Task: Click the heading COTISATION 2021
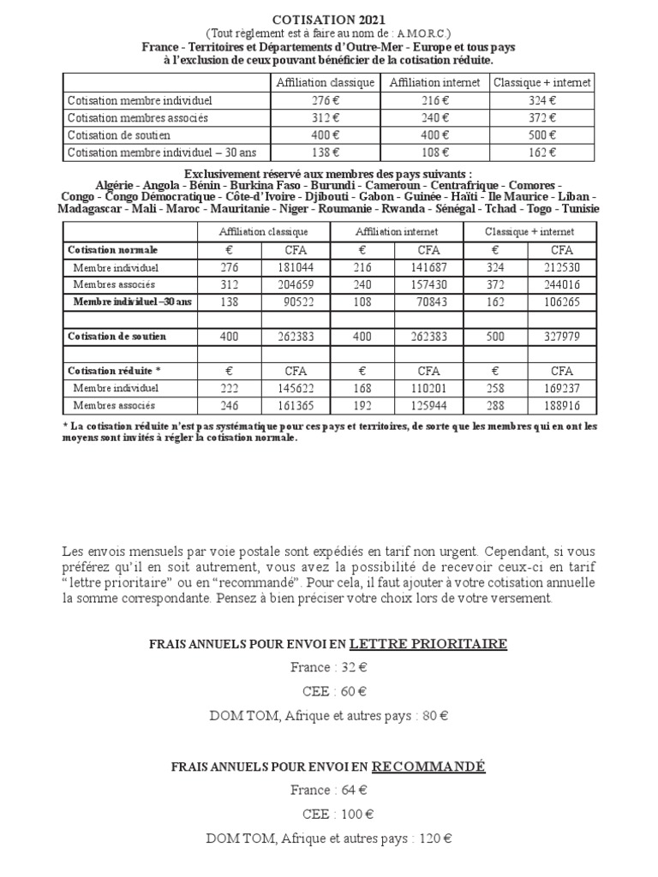(329, 19)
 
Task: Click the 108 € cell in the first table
(435, 153)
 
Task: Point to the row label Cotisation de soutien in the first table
(119, 135)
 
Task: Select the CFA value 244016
(561, 283)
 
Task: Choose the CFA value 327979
(561, 337)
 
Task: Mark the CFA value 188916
(561, 405)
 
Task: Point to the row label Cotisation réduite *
(114, 371)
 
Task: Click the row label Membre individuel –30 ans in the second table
(133, 301)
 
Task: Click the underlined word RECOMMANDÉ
(429, 766)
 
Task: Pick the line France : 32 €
(329, 668)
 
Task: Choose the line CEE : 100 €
(329, 814)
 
